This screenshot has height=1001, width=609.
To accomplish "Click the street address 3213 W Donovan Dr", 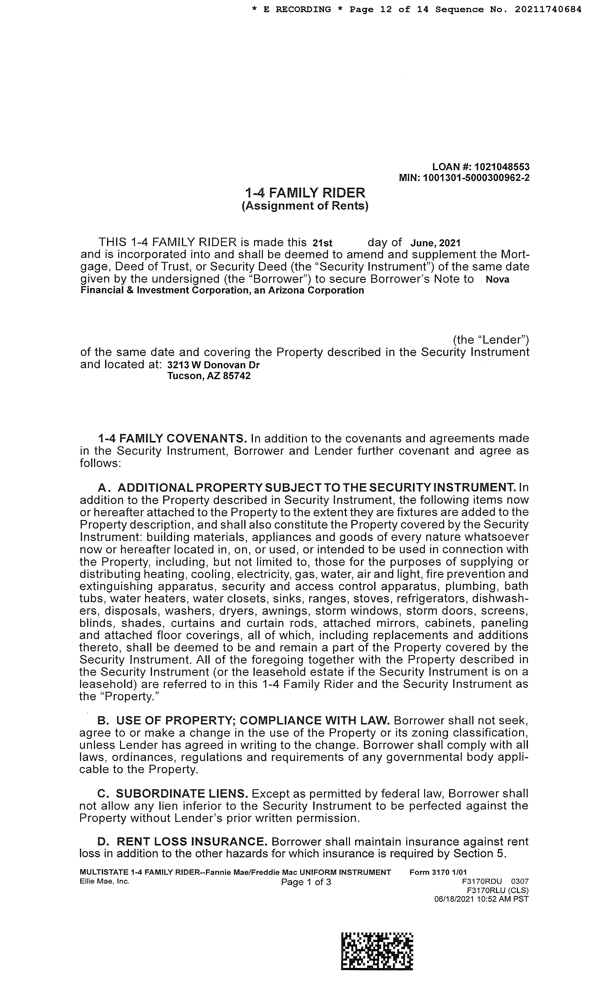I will click(213, 365).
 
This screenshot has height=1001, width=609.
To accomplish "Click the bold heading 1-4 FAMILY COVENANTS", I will click(172, 439).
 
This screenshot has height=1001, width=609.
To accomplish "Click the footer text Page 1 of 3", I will click(306, 882).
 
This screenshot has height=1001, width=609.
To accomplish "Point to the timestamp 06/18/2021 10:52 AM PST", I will click(481, 899).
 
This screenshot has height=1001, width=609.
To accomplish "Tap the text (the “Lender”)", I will click(491, 340).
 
